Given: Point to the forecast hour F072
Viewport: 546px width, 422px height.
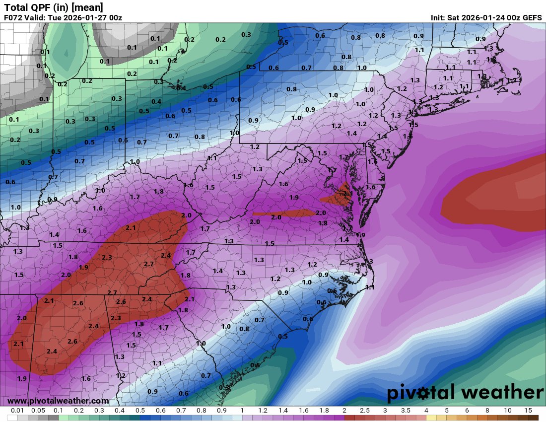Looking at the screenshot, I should click(x=13, y=18).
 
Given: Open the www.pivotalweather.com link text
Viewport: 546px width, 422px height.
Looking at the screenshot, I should click(x=58, y=401).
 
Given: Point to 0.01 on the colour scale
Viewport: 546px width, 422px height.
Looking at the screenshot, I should click(x=17, y=411).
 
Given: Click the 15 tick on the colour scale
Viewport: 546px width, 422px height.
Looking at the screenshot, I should click(x=528, y=411).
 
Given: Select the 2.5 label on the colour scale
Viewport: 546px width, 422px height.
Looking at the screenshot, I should click(x=365, y=411).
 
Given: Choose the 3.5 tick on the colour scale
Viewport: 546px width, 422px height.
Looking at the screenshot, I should click(x=406, y=411).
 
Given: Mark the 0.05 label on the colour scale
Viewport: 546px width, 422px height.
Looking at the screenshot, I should click(x=38, y=411).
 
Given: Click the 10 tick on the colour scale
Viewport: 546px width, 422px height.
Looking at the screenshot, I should click(x=507, y=411).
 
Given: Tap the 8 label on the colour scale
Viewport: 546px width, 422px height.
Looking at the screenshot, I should click(x=487, y=411).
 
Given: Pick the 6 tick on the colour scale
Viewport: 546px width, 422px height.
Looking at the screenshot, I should click(x=467, y=411).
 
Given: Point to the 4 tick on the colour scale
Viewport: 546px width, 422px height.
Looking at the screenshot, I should click(x=426, y=411).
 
